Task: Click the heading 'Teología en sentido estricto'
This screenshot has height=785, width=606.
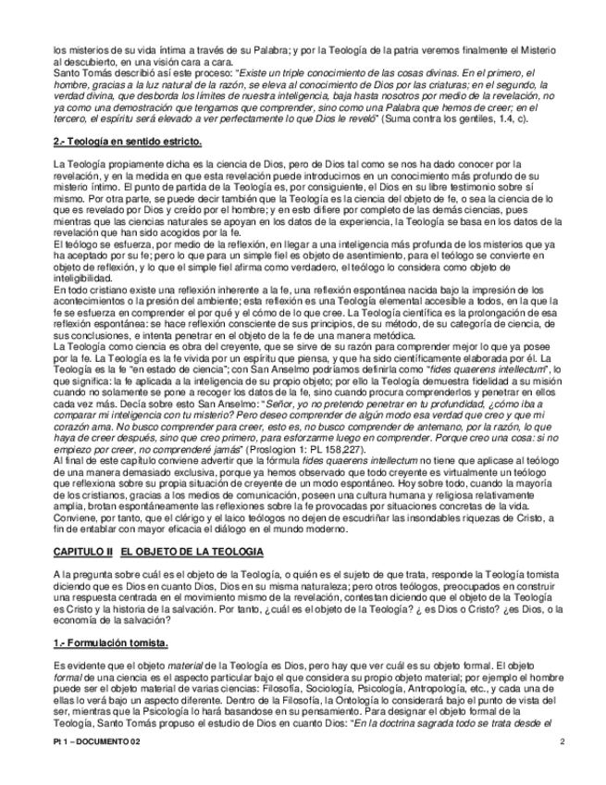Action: pos(133,141)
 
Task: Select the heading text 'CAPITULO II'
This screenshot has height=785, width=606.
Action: pos(81,551)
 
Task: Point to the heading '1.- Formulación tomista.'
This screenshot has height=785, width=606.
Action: pos(110,642)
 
